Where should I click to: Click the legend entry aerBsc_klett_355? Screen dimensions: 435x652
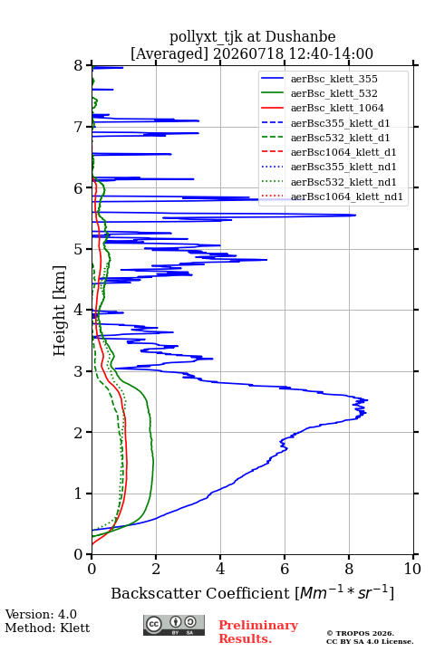(x=333, y=79)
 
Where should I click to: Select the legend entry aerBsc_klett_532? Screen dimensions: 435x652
(x=333, y=93)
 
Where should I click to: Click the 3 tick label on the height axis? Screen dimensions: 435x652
(x=79, y=371)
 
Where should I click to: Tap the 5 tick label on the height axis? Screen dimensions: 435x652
(x=79, y=249)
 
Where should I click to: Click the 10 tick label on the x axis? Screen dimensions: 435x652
(x=412, y=569)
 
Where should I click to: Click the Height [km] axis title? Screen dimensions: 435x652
(x=59, y=311)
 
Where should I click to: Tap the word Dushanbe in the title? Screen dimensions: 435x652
(x=300, y=37)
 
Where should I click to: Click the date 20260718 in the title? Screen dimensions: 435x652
(x=248, y=53)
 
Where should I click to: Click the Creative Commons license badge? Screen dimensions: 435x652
(x=174, y=625)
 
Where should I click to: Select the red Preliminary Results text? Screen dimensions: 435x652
(x=258, y=631)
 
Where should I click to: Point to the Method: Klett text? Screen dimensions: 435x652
(x=47, y=628)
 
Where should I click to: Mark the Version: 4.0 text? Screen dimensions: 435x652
(x=41, y=614)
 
